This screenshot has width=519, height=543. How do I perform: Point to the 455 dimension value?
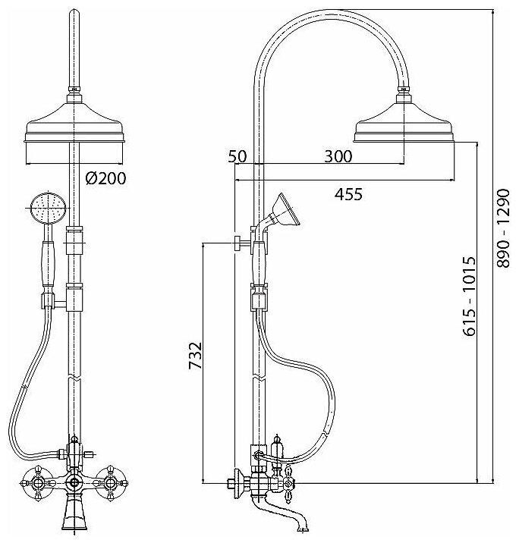click(x=348, y=194)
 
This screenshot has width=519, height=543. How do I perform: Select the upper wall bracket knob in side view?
click(x=237, y=244)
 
